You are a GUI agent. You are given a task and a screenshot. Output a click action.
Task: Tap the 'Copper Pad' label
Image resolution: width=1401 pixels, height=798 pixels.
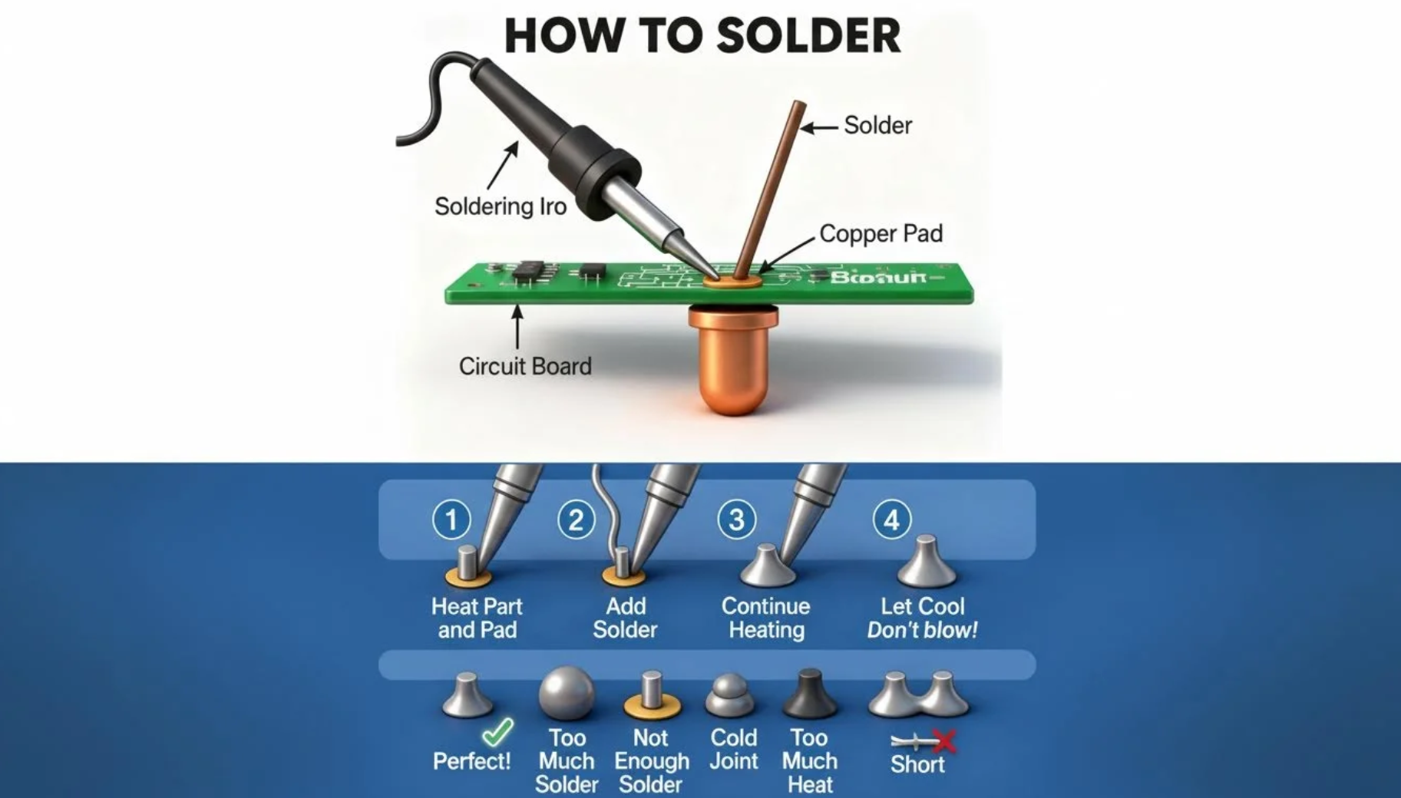click(881, 233)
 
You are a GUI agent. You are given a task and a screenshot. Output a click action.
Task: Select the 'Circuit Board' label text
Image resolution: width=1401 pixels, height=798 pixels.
click(525, 366)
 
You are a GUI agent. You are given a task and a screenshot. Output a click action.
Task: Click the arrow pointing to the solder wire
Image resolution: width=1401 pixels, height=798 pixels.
click(819, 127)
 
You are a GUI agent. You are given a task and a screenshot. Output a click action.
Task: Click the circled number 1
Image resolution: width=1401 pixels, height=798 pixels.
click(451, 519)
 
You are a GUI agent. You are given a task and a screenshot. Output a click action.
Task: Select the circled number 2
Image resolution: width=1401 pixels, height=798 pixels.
click(576, 519)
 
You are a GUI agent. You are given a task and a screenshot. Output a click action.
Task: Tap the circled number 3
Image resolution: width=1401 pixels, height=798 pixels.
click(736, 519)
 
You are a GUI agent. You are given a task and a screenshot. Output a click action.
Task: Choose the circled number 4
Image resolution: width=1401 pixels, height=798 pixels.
click(891, 519)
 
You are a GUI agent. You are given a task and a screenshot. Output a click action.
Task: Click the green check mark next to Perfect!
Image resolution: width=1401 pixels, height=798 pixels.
click(498, 731)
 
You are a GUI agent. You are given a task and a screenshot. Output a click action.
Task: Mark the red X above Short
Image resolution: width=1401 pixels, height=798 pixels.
click(945, 741)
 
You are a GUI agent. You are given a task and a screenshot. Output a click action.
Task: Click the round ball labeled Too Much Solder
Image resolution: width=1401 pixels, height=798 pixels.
click(567, 693)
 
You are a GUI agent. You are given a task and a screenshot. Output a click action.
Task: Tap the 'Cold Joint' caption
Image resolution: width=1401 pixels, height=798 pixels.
click(733, 749)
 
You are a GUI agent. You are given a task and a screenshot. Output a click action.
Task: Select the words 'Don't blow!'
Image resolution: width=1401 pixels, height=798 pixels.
click(922, 631)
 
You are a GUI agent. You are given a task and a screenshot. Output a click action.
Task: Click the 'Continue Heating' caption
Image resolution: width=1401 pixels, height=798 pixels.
click(766, 618)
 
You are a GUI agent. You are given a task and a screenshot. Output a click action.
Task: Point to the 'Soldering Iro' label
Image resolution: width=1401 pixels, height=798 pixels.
click(500, 206)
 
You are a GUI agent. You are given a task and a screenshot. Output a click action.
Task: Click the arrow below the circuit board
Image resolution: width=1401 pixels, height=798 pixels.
click(517, 326)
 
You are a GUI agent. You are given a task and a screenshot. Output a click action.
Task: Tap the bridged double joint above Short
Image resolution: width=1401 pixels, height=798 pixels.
click(919, 695)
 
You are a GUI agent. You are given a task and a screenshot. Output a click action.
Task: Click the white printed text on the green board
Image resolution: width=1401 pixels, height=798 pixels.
click(878, 277)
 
